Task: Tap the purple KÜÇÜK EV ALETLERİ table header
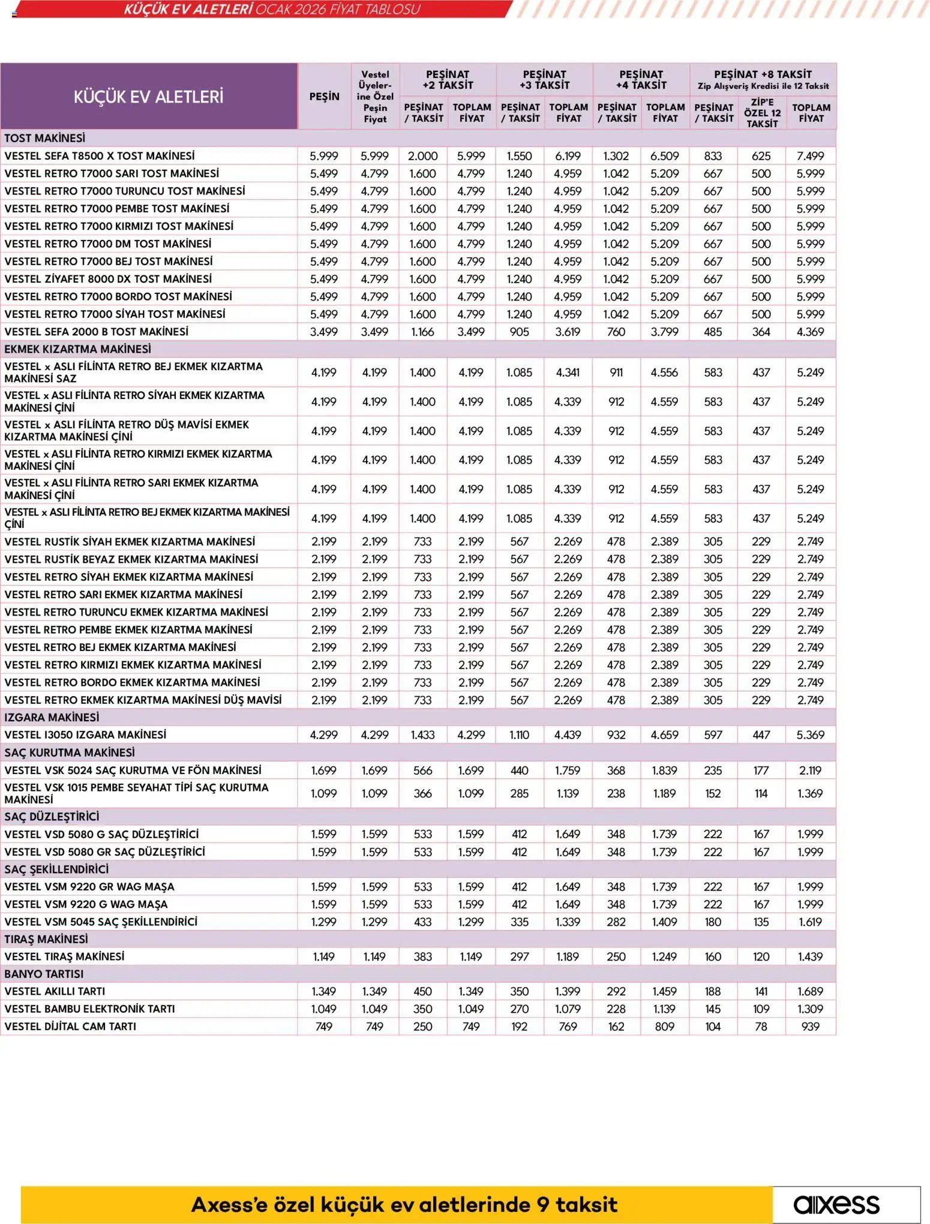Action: pos(148,97)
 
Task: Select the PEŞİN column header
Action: pos(324,97)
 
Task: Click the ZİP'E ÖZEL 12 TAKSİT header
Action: pos(762,113)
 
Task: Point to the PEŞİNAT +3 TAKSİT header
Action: pos(544,80)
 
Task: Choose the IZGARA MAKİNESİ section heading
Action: pos(52,718)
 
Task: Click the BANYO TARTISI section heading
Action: pos(44,974)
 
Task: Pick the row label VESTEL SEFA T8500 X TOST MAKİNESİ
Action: pos(100,156)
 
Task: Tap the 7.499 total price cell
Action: pos(810,156)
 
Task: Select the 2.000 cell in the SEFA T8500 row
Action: pos(423,156)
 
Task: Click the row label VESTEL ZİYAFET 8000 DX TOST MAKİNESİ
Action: pos(108,279)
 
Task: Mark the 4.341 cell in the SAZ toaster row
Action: pos(568,373)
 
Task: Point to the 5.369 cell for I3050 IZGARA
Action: pos(810,735)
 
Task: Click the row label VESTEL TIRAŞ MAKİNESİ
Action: pos(64,956)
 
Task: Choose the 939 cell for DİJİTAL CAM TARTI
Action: pos(810,1027)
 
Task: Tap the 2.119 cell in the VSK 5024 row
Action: pos(810,770)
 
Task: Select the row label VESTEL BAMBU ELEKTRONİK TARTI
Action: pos(89,1009)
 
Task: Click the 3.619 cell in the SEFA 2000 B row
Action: pos(568,332)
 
